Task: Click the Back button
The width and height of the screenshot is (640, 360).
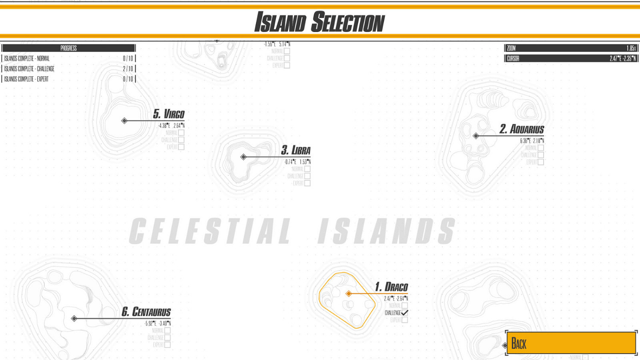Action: [571, 343]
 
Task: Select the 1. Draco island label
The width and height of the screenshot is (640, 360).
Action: [391, 287]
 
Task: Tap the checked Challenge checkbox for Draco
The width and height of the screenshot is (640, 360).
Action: [404, 313]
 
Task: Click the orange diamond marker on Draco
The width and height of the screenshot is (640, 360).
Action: [349, 293]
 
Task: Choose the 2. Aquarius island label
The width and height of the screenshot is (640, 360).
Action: [521, 129]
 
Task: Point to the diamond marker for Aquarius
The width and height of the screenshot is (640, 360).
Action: [476, 136]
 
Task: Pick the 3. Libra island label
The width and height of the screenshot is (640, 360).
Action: [296, 151]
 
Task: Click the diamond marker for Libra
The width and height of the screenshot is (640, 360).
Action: [243, 157]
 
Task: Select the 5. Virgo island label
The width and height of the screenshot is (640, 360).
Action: [169, 114]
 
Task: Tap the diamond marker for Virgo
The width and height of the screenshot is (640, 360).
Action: [124, 121]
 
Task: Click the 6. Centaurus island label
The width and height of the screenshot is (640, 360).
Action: [146, 312]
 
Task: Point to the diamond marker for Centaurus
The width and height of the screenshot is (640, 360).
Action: [74, 319]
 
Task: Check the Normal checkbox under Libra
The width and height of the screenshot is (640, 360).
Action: [307, 169]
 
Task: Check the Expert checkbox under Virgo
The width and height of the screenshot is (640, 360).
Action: [181, 147]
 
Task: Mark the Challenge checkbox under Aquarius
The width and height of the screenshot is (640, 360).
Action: [541, 155]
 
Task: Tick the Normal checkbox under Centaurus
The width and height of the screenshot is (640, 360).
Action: [168, 331]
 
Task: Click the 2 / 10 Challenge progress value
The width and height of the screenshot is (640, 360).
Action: [128, 69]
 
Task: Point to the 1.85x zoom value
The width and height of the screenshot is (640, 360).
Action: [631, 48]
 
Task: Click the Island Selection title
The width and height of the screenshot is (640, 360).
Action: [320, 22]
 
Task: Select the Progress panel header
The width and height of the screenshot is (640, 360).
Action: [68, 48]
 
